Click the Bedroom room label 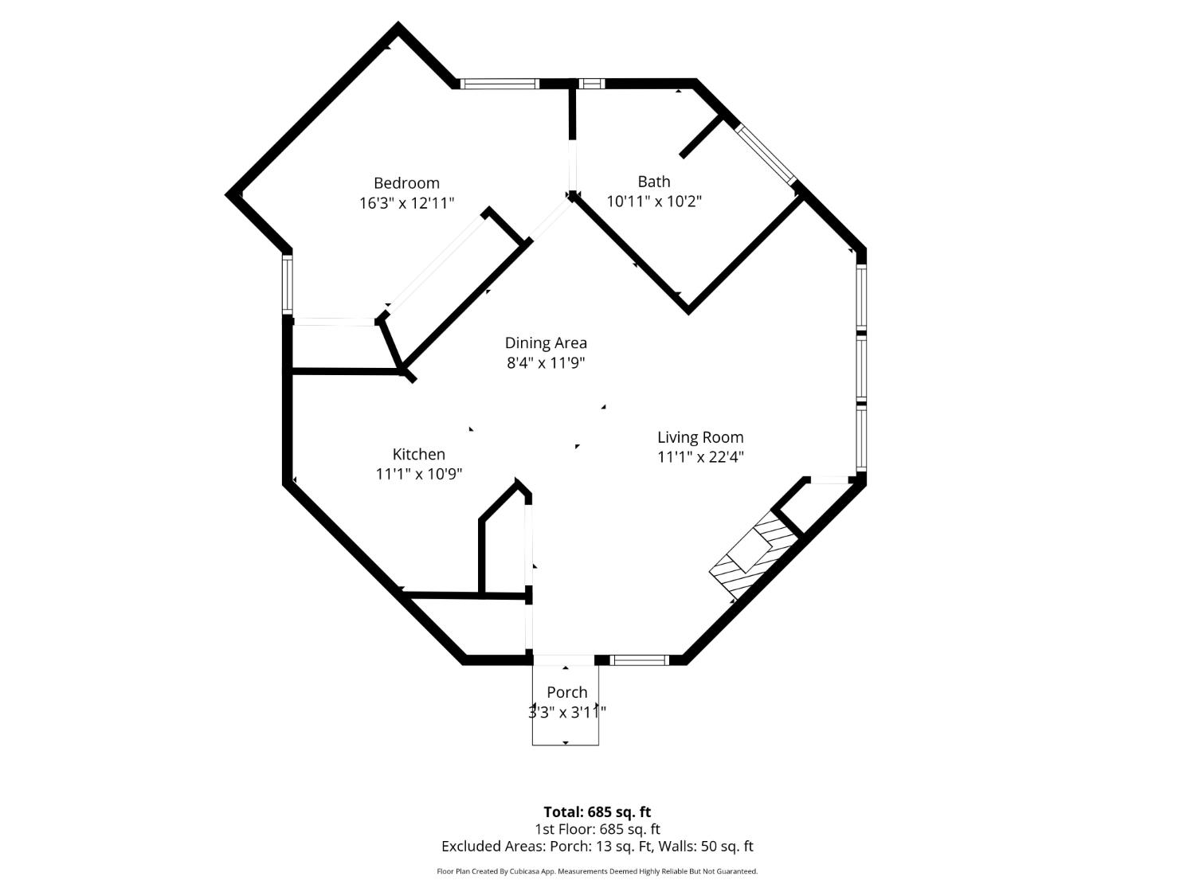pyautogui.click(x=406, y=183)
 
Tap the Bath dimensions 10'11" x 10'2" pyautogui.click(x=654, y=202)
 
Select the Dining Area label pyautogui.click(x=546, y=343)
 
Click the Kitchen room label pyautogui.click(x=418, y=454)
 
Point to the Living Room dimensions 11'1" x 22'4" pyautogui.click(x=700, y=457)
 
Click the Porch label pyautogui.click(x=566, y=692)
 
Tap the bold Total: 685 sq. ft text pyautogui.click(x=597, y=812)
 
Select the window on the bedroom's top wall pyautogui.click(x=500, y=84)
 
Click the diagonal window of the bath pyautogui.click(x=765, y=154)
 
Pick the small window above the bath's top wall pyautogui.click(x=591, y=84)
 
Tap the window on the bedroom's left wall pyautogui.click(x=288, y=284)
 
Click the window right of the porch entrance pyautogui.click(x=639, y=659)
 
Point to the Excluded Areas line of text pyautogui.click(x=597, y=847)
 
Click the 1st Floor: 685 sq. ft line pyautogui.click(x=597, y=829)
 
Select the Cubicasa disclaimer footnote pyautogui.click(x=597, y=871)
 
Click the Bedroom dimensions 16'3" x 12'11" pyautogui.click(x=406, y=203)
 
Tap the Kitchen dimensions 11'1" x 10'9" pyautogui.click(x=418, y=474)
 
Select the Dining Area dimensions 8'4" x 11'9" pyautogui.click(x=546, y=363)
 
